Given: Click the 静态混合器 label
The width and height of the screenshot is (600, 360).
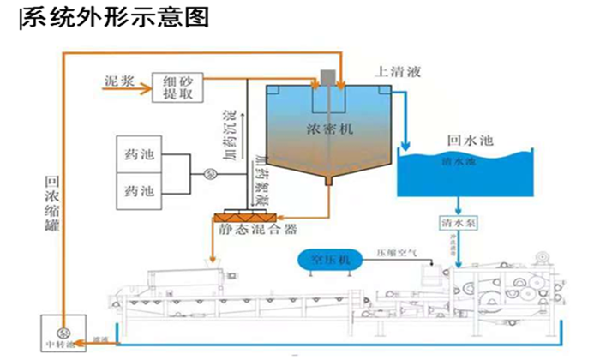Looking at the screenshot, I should (247, 229).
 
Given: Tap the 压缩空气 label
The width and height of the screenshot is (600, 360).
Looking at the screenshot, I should (396, 255).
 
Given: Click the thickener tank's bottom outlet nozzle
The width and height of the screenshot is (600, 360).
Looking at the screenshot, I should (328, 181).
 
